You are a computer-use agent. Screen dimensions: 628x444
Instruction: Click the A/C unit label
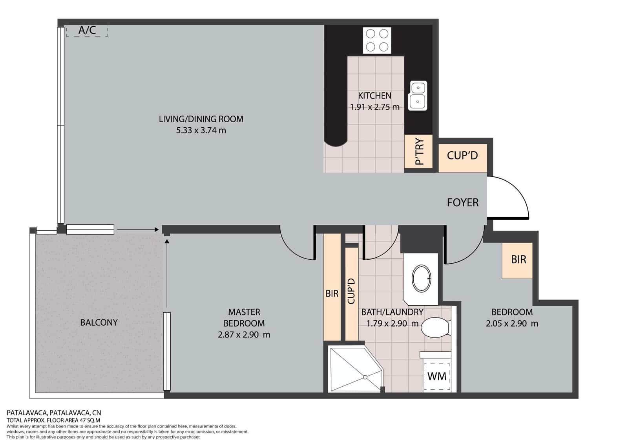tap(87, 30)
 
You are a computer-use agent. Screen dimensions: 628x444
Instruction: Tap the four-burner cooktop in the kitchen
tap(377, 40)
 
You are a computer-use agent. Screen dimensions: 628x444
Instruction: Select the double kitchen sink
tap(418, 95)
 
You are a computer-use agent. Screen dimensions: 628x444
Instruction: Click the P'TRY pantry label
tap(419, 151)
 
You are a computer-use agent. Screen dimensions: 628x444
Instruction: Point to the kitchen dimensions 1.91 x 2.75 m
tap(374, 107)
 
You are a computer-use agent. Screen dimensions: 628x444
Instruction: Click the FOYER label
tap(463, 202)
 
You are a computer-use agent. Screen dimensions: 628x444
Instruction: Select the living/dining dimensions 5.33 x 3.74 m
tap(201, 130)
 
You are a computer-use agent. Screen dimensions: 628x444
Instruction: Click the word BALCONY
tap(99, 323)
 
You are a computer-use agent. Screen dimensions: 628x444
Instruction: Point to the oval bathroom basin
tap(421, 279)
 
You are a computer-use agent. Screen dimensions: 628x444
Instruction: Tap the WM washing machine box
tap(437, 376)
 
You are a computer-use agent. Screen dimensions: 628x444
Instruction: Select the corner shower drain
tap(365, 377)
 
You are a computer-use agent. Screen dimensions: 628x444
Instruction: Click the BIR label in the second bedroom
tap(518, 260)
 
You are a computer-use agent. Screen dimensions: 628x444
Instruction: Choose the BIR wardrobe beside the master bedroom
tap(332, 287)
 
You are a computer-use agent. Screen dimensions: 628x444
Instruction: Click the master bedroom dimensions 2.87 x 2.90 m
tap(244, 334)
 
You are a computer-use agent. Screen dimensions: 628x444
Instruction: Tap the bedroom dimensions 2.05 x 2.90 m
tap(512, 323)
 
